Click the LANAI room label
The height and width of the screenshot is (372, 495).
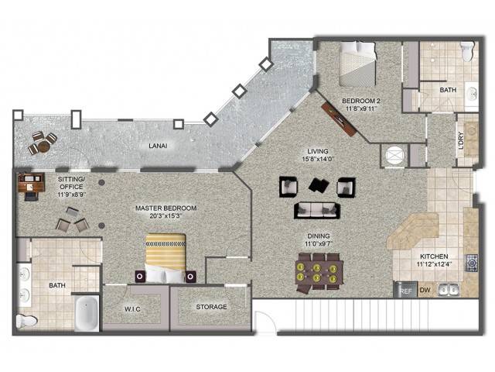point(158,146)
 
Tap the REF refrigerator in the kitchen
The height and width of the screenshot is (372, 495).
point(405,290)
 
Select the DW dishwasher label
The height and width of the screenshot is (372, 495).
point(425,290)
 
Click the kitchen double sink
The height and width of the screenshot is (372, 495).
point(449,290)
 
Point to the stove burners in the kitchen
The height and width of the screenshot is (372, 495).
point(472,263)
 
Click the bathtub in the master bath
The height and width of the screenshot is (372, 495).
point(87,313)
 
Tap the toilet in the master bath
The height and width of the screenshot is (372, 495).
point(27,321)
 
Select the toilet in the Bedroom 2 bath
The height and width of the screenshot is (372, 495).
point(467,51)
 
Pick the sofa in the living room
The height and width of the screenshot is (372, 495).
point(317,210)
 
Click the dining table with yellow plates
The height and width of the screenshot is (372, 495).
point(319,273)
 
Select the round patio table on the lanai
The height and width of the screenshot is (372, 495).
point(43,146)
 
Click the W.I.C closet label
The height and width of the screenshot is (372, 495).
point(132,309)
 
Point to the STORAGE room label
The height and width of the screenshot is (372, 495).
point(211,307)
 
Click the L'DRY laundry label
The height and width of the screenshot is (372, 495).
point(461,140)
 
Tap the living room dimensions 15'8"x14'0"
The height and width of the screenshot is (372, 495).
point(318,159)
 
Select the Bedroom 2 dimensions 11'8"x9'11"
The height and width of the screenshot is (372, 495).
point(361,108)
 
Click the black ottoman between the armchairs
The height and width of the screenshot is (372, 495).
point(319,185)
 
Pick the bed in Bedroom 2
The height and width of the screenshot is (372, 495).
point(357,64)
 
